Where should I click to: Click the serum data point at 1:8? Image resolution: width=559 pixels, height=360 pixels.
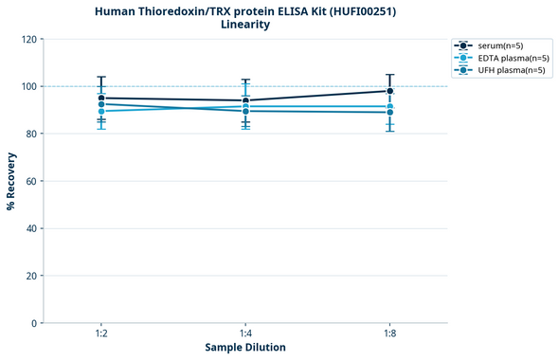click(389, 91)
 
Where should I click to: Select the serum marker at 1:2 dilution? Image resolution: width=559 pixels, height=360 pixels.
click(101, 98)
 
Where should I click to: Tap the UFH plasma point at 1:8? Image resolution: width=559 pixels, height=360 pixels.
click(389, 112)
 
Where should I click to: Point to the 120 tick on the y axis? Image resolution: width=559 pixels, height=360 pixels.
click(28, 39)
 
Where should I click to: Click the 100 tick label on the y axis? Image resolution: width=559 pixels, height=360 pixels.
click(28, 86)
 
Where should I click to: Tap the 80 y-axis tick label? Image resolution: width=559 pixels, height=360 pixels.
click(31, 134)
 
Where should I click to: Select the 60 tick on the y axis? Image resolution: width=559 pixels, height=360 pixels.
click(31, 181)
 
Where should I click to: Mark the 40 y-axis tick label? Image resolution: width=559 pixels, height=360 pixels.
click(31, 228)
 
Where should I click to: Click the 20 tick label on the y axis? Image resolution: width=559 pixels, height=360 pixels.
click(31, 276)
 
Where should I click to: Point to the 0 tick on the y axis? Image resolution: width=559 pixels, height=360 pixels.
click(34, 323)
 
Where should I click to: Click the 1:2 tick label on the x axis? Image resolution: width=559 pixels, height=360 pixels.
click(101, 333)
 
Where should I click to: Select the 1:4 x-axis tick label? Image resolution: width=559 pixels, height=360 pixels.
click(245, 333)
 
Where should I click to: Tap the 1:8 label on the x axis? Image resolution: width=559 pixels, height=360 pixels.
click(389, 333)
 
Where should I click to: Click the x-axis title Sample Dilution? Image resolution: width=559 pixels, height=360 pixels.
click(245, 348)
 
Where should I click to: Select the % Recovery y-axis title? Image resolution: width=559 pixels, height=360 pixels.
click(11, 181)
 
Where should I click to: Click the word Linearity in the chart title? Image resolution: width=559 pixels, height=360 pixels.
click(245, 25)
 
